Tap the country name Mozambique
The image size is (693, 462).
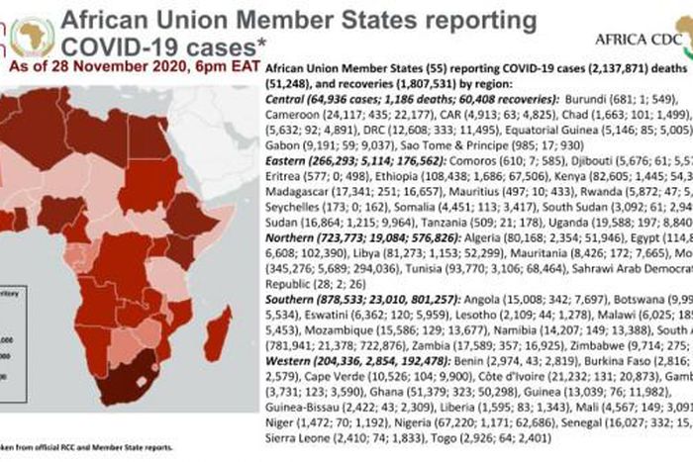pos(308,370)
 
